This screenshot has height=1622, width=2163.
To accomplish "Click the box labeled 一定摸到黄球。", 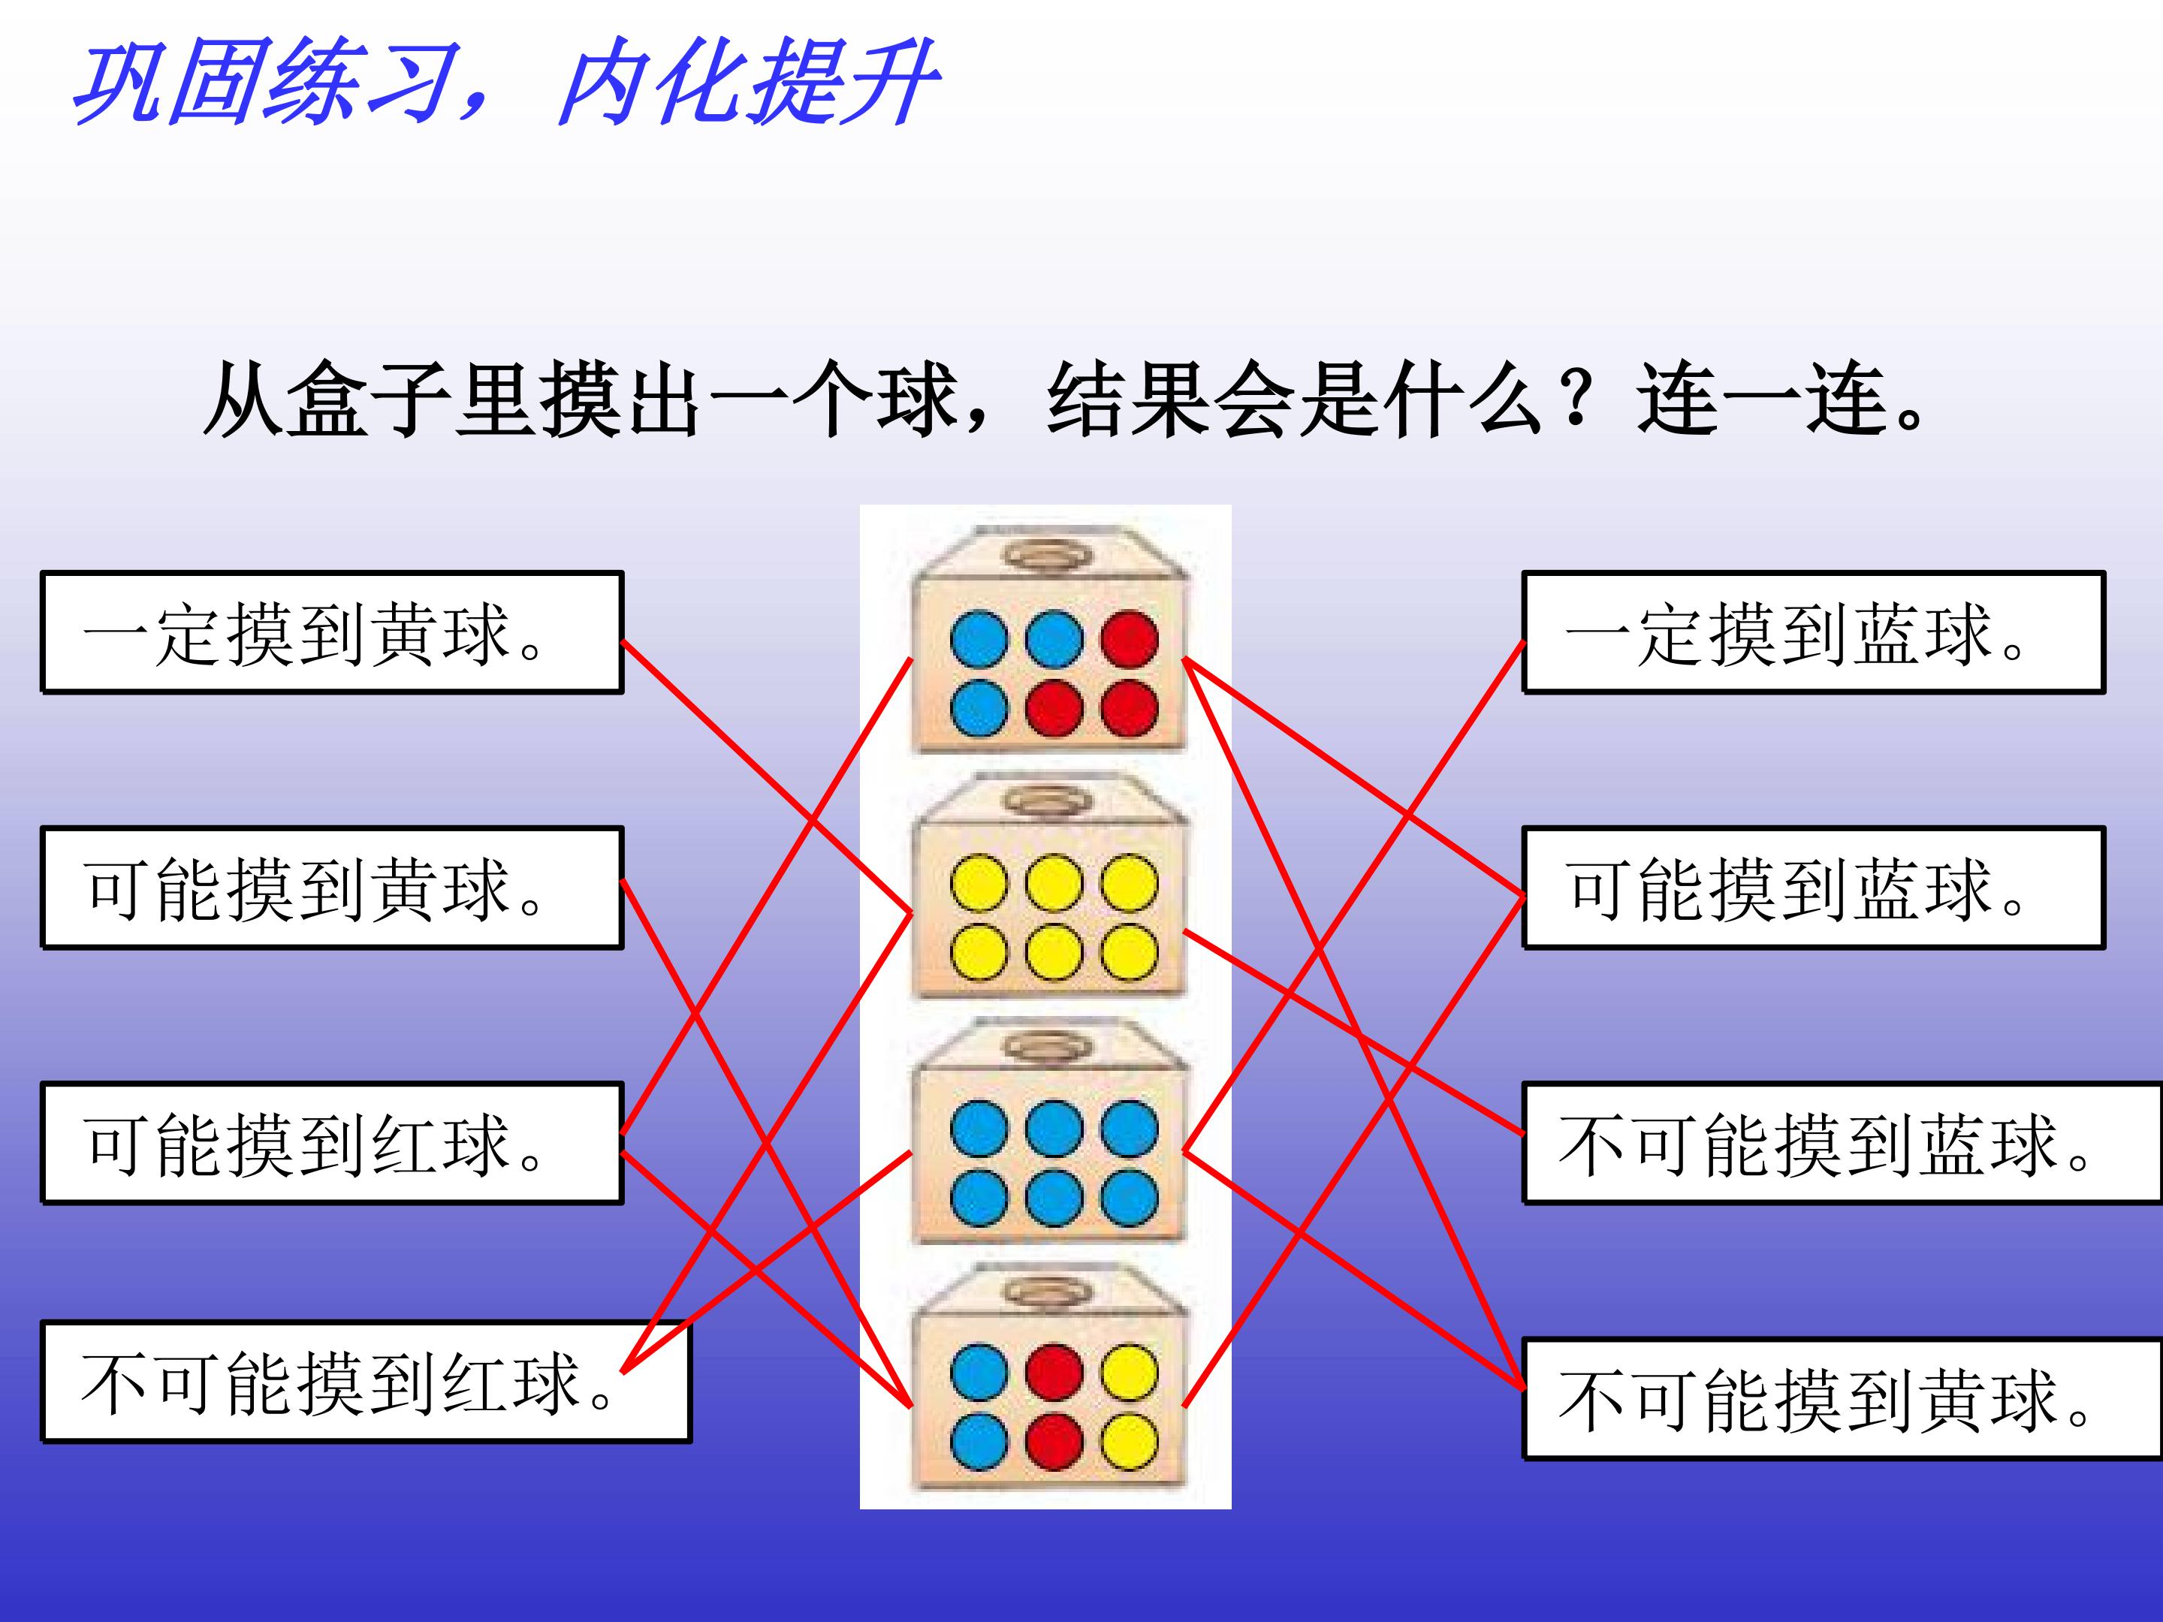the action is (x=331, y=632).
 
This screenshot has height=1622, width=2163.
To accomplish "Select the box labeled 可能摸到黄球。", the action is (x=331, y=888).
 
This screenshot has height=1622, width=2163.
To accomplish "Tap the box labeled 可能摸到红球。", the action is (x=331, y=1143).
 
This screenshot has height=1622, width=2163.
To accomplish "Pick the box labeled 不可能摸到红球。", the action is (x=366, y=1382).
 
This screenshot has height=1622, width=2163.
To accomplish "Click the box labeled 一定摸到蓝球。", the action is (x=1814, y=632).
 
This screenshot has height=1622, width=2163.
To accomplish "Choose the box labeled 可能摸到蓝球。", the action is (x=1814, y=888).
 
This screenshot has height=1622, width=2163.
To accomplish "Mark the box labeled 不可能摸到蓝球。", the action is (x=1843, y=1143).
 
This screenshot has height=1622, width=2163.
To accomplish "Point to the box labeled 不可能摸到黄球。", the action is (x=1843, y=1399).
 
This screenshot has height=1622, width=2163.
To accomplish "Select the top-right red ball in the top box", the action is (x=1130, y=638).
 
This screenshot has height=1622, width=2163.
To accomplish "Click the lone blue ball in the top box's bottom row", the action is (x=979, y=708).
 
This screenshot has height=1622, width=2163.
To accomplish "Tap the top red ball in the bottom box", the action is (x=1054, y=1372).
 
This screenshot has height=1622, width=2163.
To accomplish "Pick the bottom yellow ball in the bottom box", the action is (x=1130, y=1442).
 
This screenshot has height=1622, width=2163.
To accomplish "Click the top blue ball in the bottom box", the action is (x=979, y=1372).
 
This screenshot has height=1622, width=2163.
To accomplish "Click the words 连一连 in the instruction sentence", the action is (x=1760, y=399).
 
